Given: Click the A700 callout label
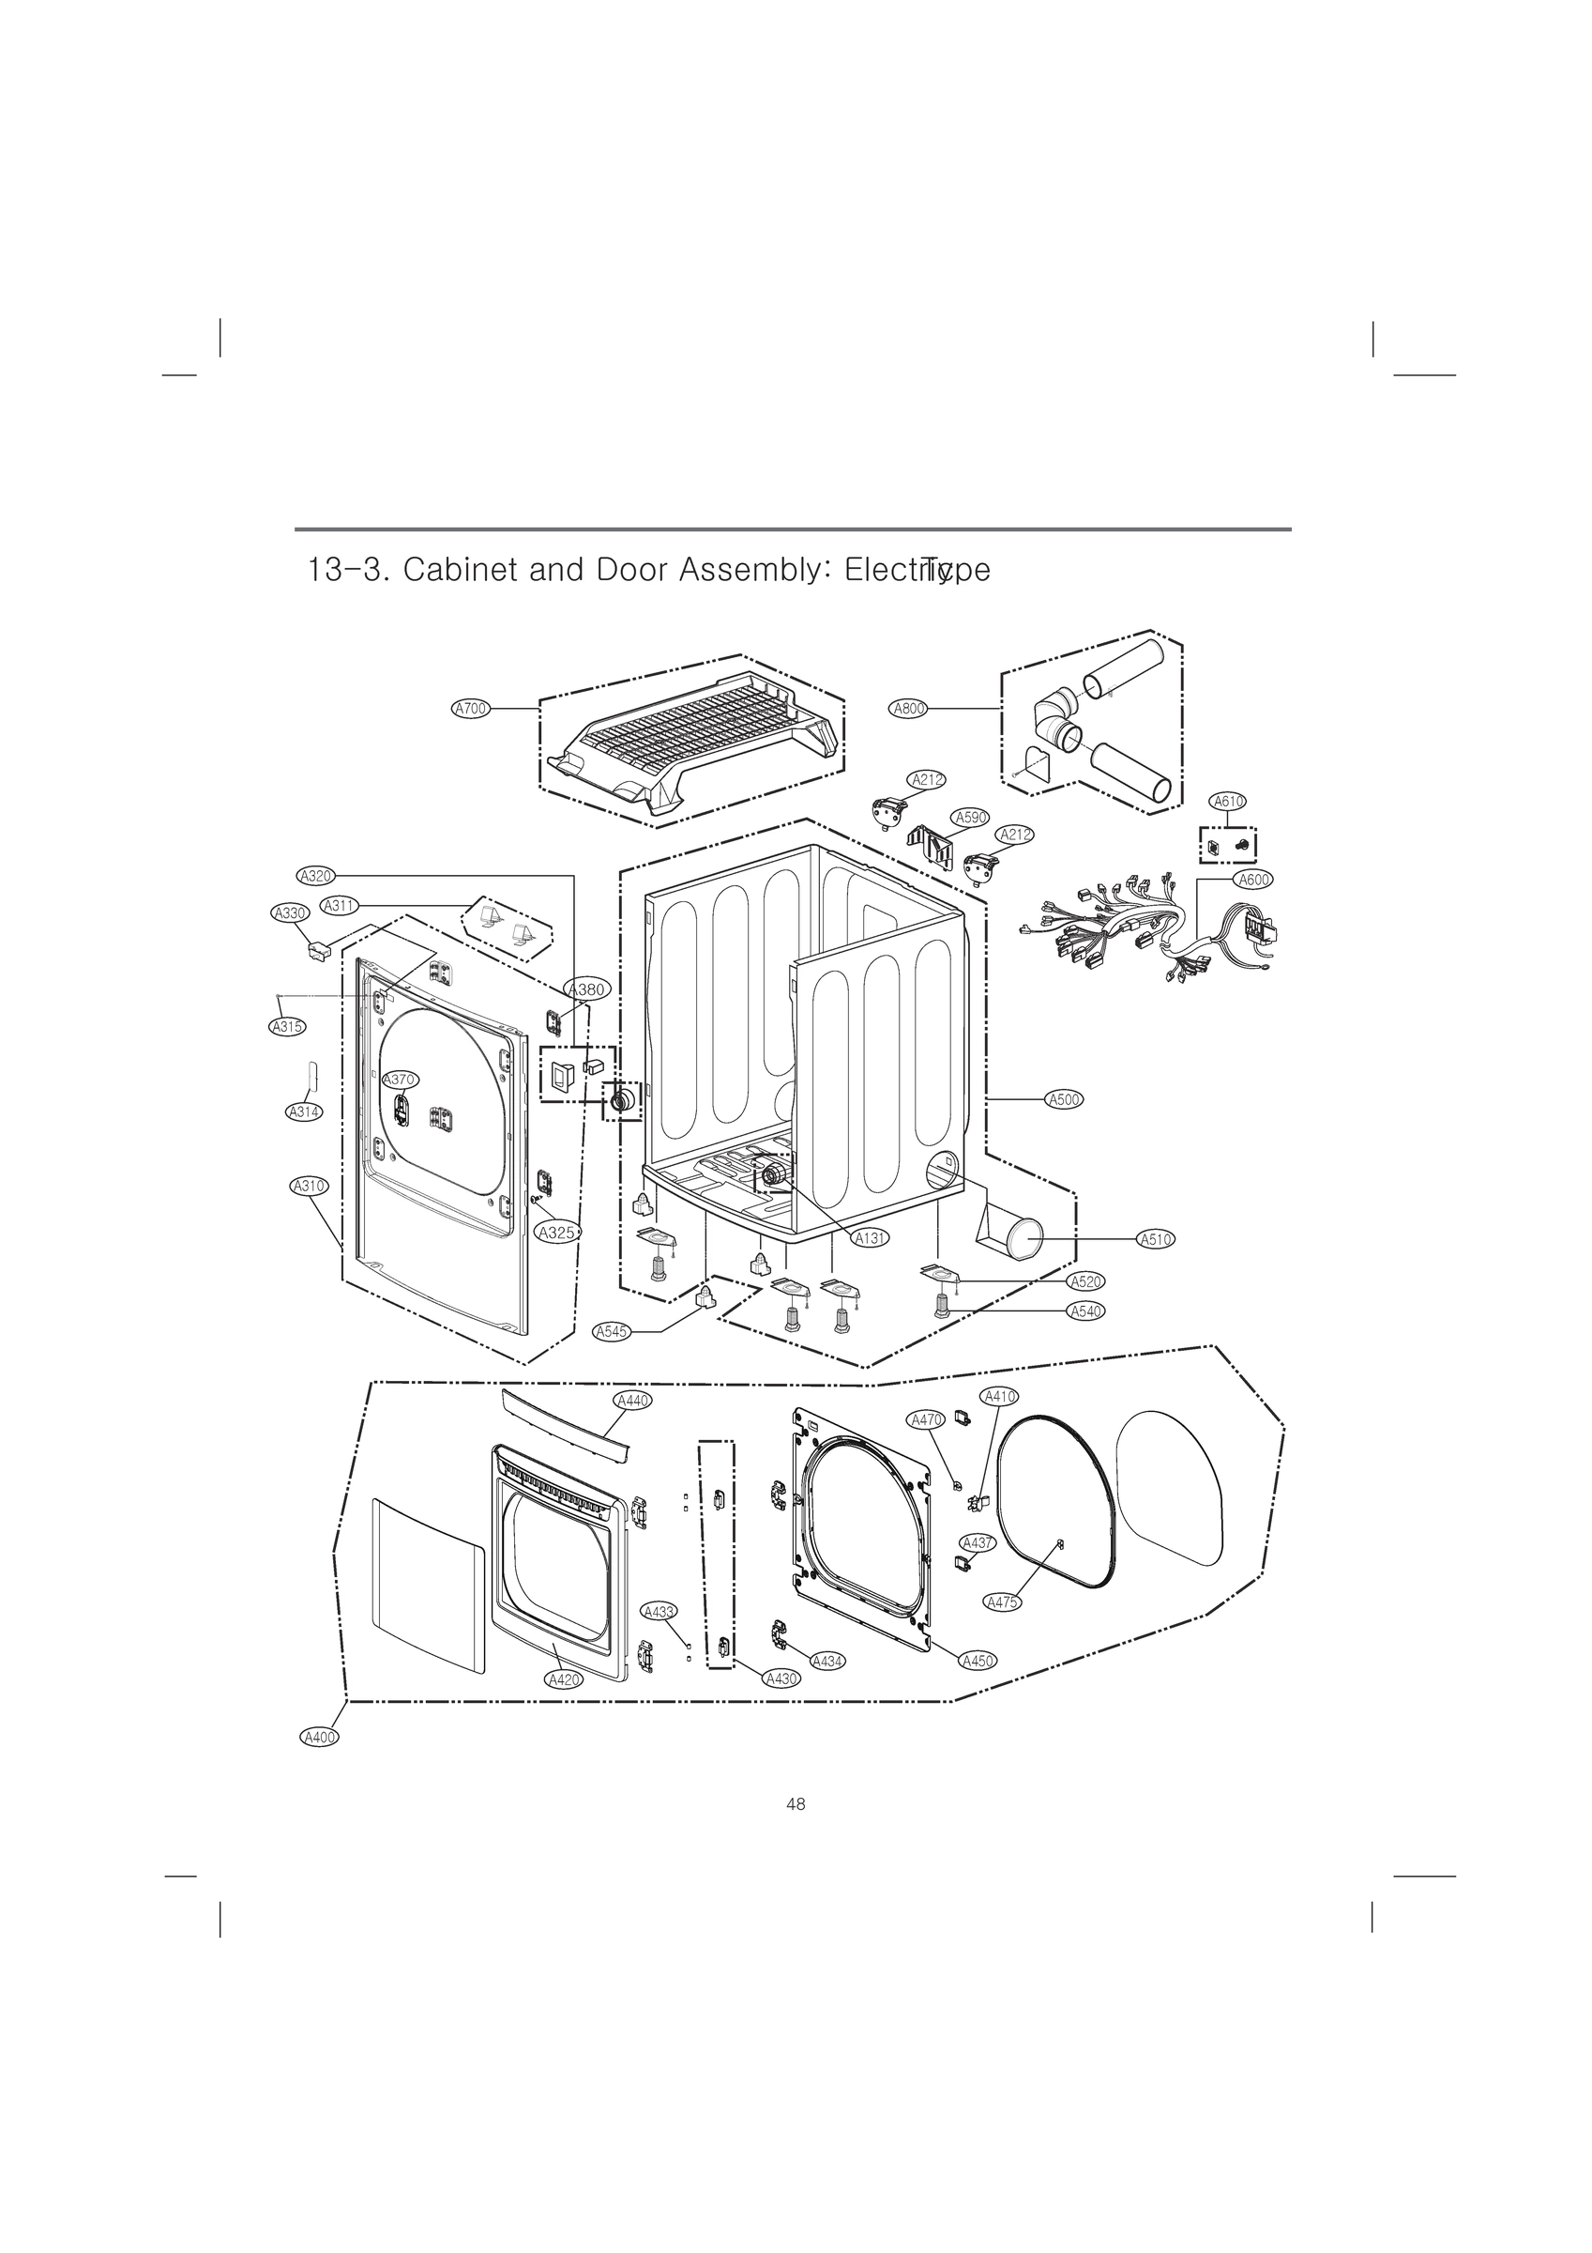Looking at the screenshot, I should coord(470,708).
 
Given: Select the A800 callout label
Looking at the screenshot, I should coord(908,708).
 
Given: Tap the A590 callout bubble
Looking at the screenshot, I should coord(971,818).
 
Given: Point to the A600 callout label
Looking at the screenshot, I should coord(1253,880).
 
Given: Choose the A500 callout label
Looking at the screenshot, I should coord(1064,1099).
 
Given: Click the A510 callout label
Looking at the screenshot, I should coord(1156,1239).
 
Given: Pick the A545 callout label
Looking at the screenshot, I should coord(611,1331).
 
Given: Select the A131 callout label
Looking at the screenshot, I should coord(870,1238).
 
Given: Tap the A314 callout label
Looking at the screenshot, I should coord(304,1111).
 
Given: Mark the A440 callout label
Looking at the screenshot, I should coord(632,1401).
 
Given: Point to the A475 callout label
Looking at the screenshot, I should coord(1002,1602).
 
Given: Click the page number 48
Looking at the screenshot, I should coord(796,1803).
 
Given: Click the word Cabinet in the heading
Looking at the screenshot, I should coord(460,570).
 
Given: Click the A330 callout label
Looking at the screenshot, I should coord(290,912).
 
